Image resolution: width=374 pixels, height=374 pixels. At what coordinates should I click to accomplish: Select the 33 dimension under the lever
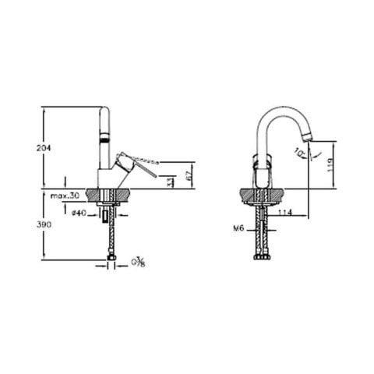tap(171, 181)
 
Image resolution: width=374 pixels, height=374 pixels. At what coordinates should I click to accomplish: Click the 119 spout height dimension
tap(330, 164)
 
